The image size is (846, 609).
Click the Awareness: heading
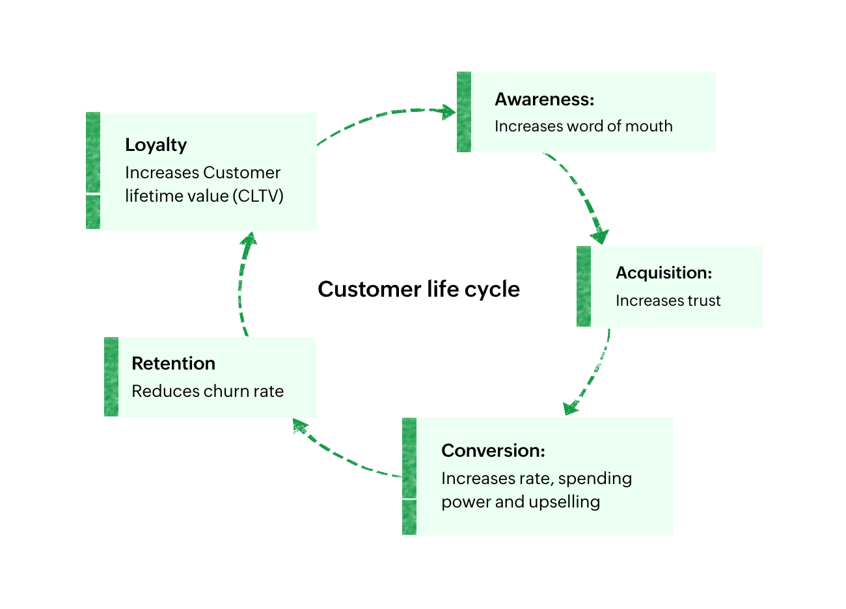(x=544, y=100)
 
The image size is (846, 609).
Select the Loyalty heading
(x=156, y=145)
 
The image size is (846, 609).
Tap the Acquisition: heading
(x=663, y=273)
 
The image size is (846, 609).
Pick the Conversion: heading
(x=493, y=450)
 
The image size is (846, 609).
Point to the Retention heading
(x=173, y=363)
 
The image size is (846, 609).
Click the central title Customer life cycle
(x=418, y=289)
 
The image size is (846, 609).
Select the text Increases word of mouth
(x=583, y=126)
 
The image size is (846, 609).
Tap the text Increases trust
(x=668, y=301)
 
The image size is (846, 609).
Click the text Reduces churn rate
(x=207, y=391)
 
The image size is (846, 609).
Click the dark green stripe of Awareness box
(x=464, y=112)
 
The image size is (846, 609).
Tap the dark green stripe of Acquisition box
(x=584, y=286)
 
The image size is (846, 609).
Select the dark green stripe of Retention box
(x=111, y=377)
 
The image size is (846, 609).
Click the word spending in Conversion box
(x=595, y=479)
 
